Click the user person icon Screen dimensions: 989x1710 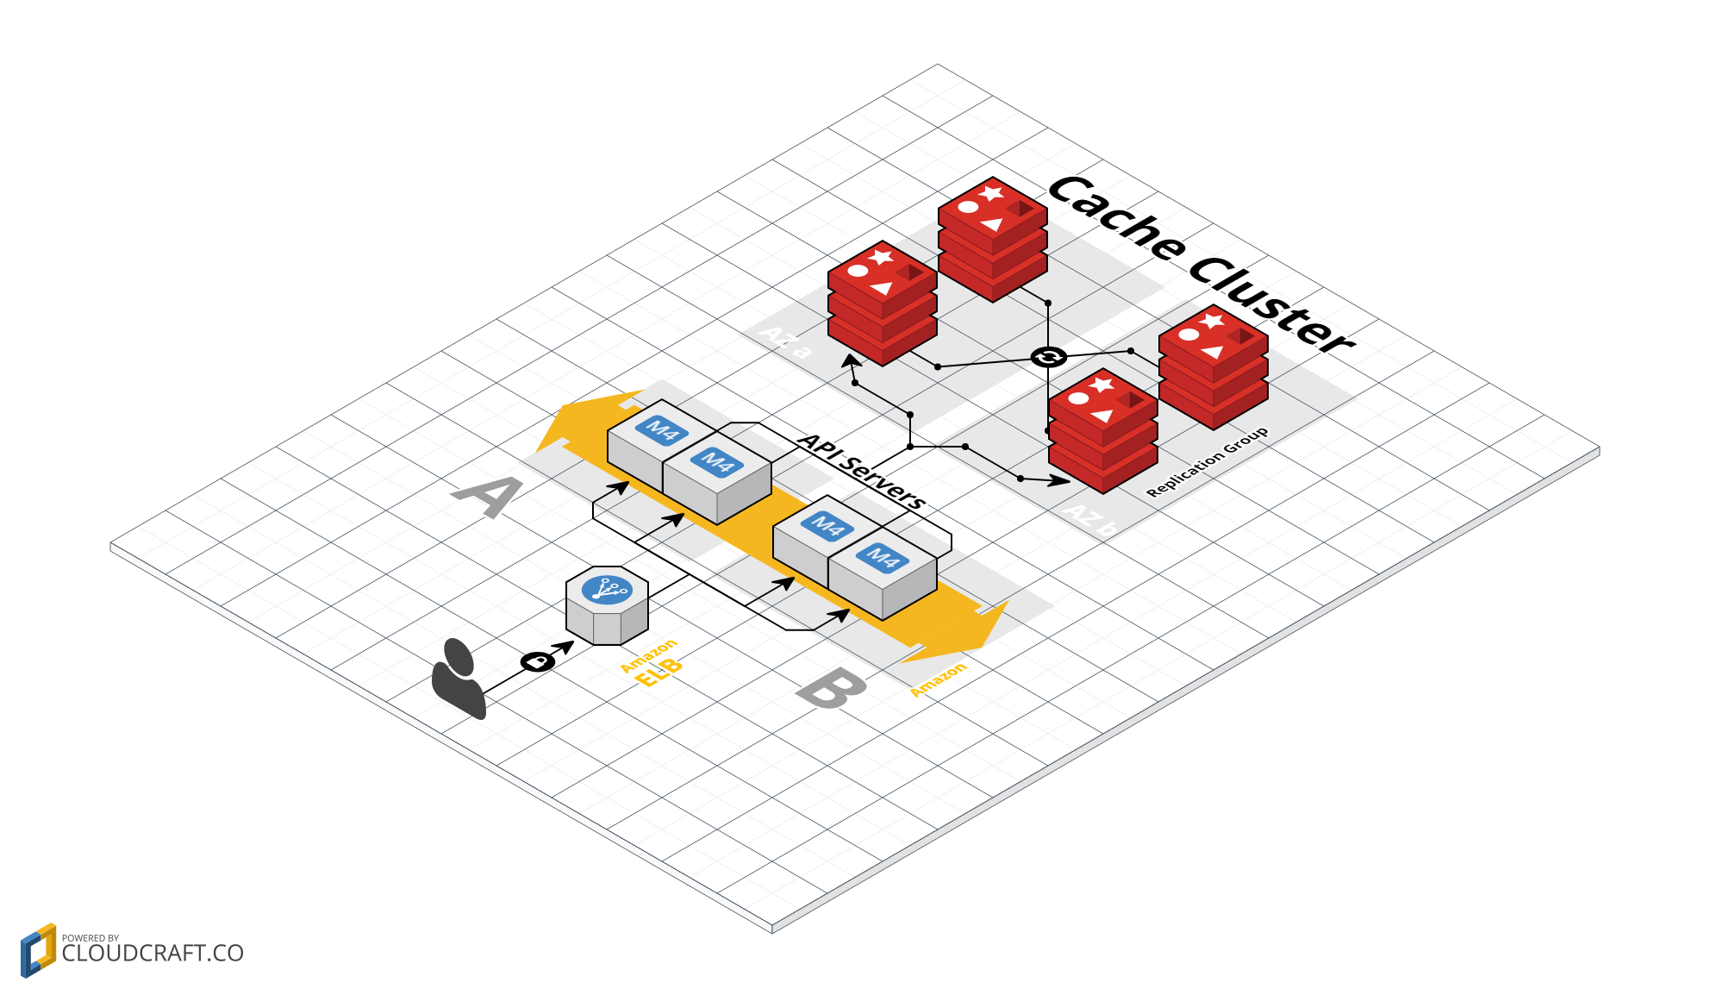tap(459, 679)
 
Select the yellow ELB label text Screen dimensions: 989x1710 tap(658, 672)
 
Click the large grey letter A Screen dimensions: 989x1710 tap(488, 497)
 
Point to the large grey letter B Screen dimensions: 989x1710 tap(831, 689)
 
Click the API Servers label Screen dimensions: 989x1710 tap(862, 471)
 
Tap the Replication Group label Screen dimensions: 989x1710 tap(1207, 461)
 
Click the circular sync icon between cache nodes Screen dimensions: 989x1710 tap(1048, 357)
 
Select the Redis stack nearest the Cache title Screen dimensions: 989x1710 tap(993, 239)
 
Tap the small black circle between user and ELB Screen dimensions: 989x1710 tap(538, 661)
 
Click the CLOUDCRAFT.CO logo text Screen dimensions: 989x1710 tap(153, 953)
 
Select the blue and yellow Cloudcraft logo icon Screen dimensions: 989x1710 tap(38, 950)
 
